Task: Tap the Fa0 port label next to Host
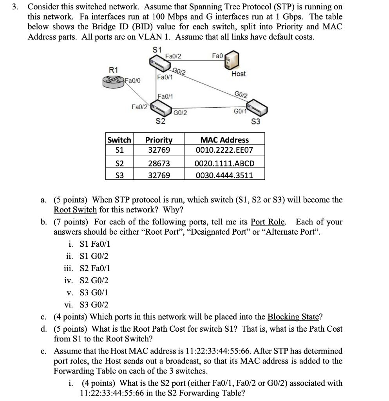(x=217, y=56)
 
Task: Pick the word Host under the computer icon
(x=238, y=74)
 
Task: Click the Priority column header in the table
(x=159, y=140)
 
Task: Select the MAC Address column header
(x=224, y=140)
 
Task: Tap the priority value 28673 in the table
(x=159, y=163)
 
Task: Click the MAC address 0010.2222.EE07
(x=224, y=150)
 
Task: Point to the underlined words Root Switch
(x=75, y=209)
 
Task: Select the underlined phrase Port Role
(x=268, y=222)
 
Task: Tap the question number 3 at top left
(x=14, y=7)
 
